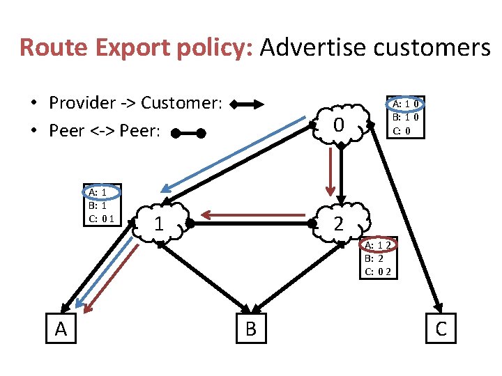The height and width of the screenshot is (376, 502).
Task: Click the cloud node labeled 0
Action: click(x=339, y=125)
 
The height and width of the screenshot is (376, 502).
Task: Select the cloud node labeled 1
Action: click(x=160, y=224)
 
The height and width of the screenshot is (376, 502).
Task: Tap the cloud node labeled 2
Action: click(x=339, y=224)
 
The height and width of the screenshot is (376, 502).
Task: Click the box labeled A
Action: click(x=61, y=329)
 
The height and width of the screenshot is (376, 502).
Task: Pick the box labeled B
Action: click(x=251, y=329)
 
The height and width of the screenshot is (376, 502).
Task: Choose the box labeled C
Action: click(x=441, y=329)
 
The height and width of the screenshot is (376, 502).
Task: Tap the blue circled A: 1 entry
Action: click(x=95, y=191)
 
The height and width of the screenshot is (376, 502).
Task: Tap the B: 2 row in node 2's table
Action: click(x=374, y=258)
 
